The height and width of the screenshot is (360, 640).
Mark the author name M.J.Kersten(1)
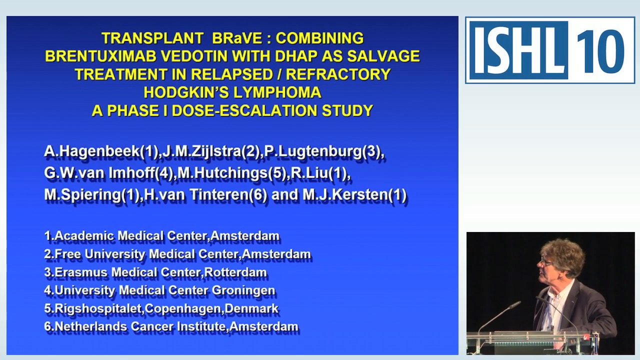[354, 194]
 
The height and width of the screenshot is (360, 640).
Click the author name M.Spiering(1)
[92, 194]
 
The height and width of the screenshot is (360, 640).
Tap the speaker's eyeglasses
[547, 261]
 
